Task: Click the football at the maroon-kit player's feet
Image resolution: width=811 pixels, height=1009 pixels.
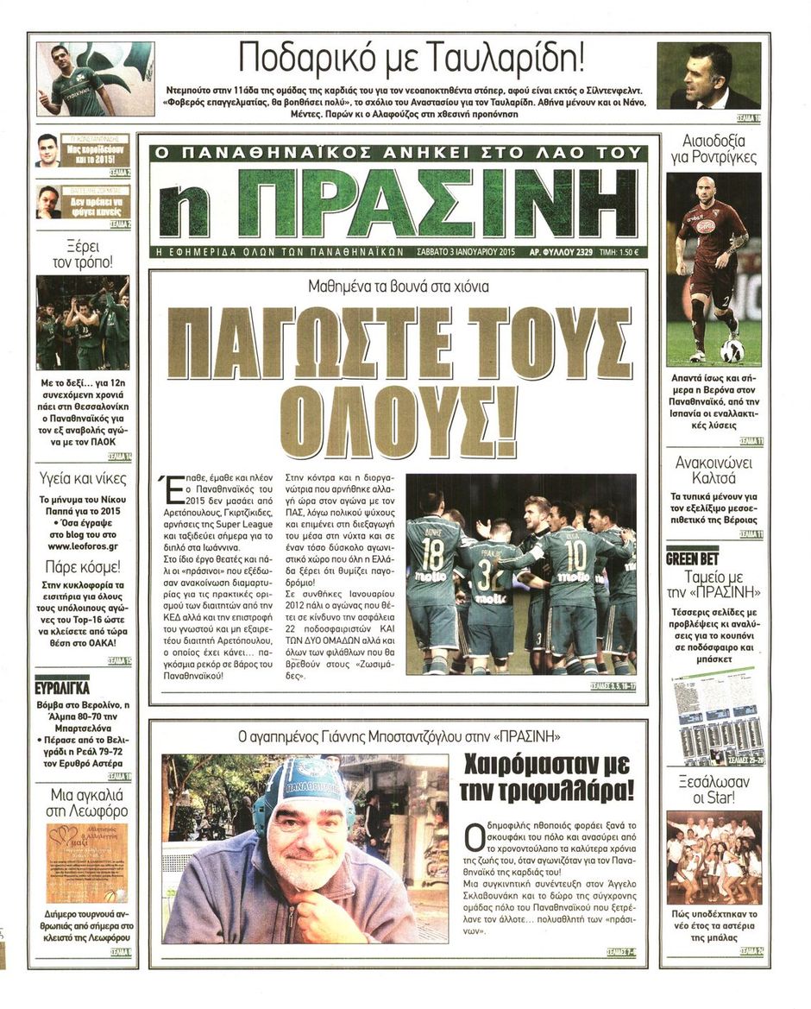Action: click(x=732, y=350)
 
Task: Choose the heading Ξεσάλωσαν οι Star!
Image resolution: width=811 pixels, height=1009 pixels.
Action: click(x=714, y=791)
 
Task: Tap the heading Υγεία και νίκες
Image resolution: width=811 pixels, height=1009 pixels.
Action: click(x=83, y=479)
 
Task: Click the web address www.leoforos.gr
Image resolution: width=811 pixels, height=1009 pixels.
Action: click(x=83, y=545)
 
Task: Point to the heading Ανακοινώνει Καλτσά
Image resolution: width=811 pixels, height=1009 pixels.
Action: click(x=714, y=471)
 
